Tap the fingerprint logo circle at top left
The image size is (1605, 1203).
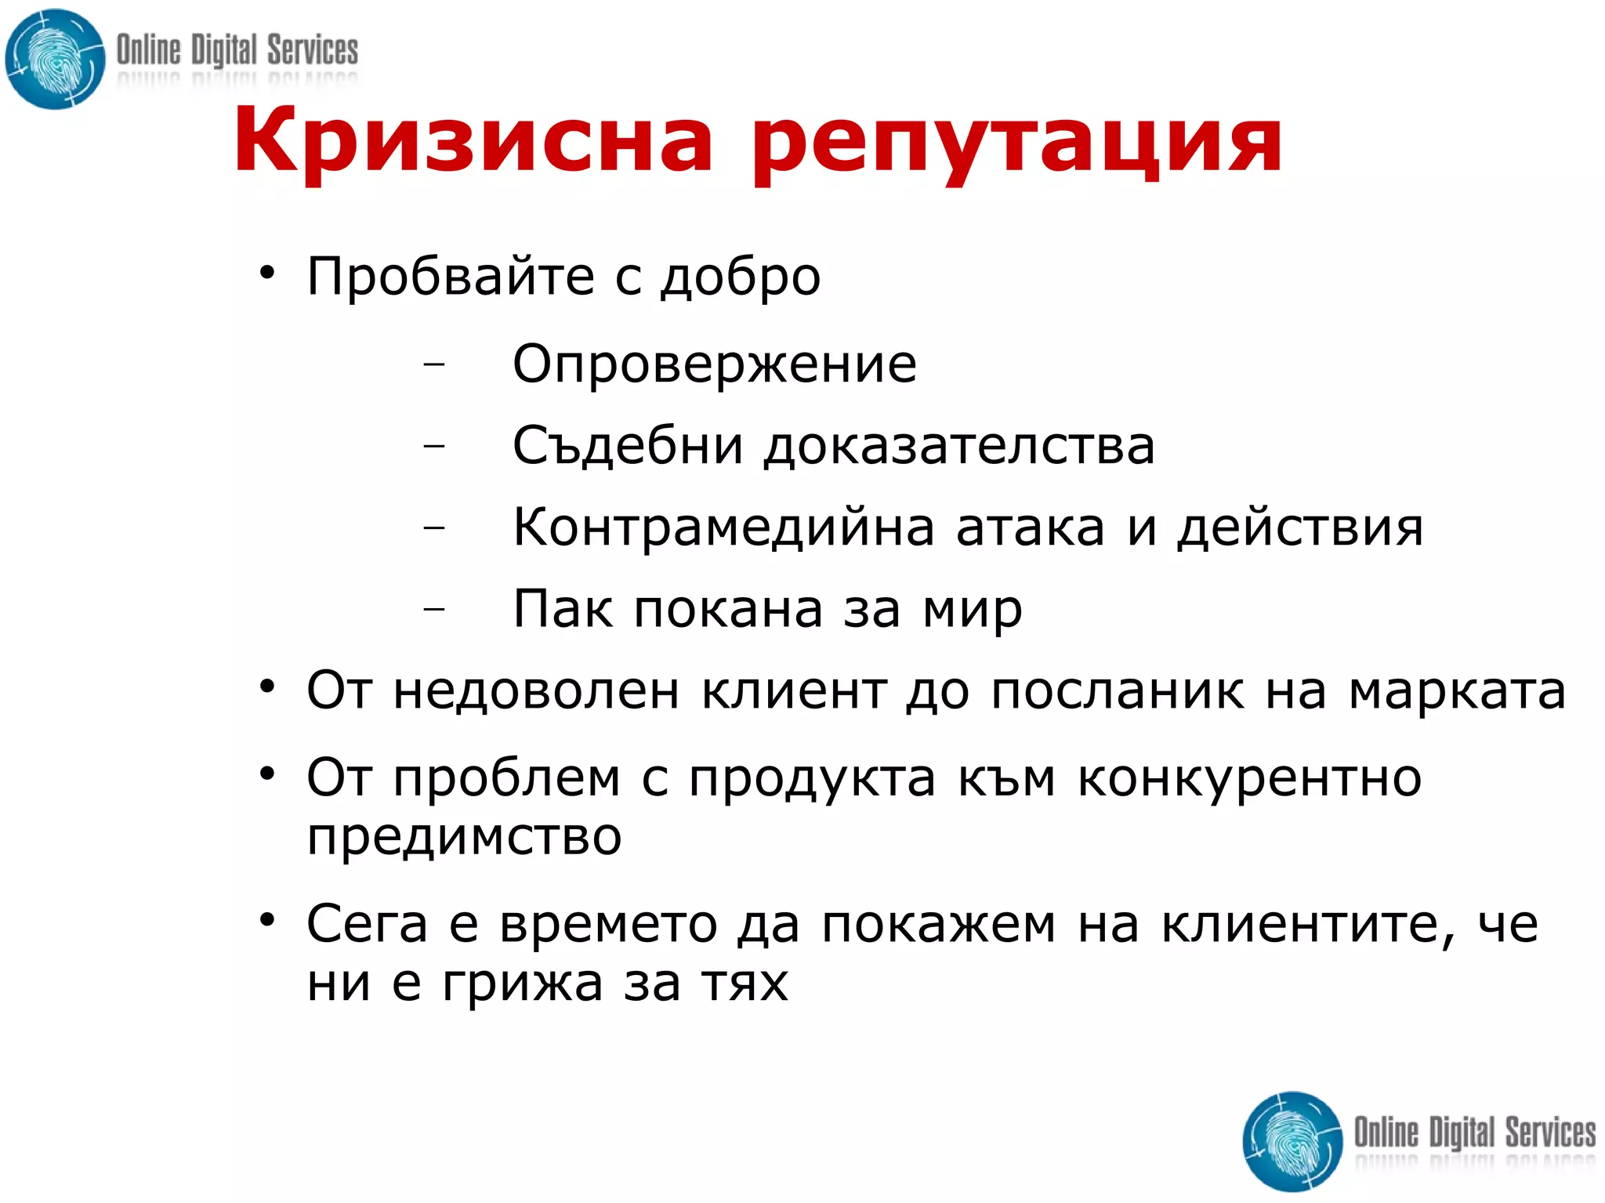[55, 60]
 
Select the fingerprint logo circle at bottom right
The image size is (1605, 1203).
[1293, 1141]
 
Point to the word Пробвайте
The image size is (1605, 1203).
[451, 277]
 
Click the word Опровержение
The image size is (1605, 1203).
[714, 365]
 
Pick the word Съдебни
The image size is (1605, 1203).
[628, 446]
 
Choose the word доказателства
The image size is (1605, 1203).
[959, 446]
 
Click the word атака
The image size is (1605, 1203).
[1031, 527]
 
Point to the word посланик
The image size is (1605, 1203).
[1118, 691]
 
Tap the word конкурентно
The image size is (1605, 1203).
[1249, 779]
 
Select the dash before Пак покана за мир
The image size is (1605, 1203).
[433, 608]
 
